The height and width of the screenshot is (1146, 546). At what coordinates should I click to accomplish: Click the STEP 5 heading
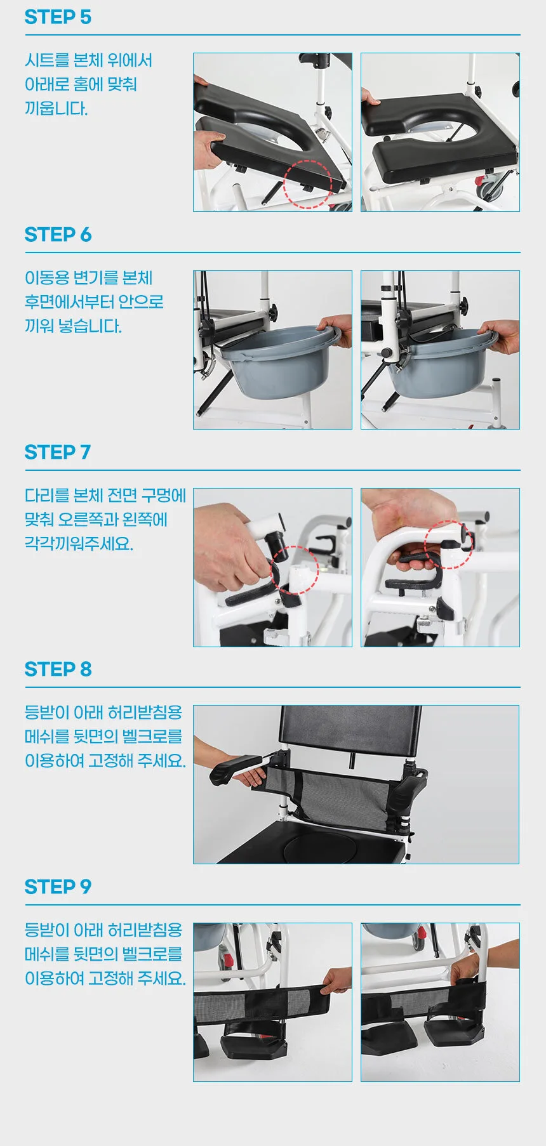pos(58,17)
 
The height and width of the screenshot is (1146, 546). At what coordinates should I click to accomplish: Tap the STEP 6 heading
pos(58,235)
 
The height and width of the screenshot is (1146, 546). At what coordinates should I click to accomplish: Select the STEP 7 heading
pos(58,452)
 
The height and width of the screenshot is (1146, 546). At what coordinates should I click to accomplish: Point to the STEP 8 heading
pos(58,669)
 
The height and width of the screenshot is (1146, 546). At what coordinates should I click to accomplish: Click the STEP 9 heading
pos(58,887)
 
